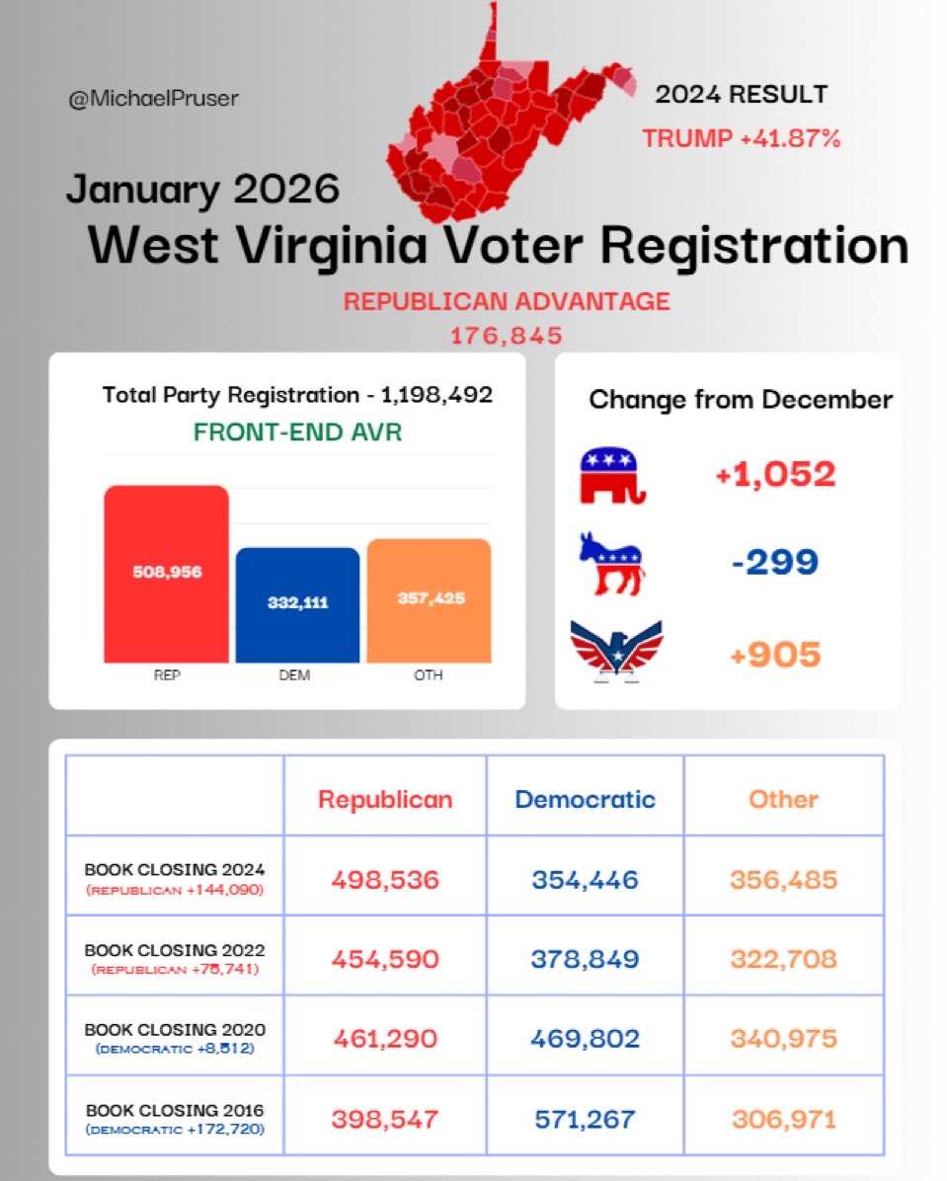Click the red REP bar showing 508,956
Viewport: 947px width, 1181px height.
coord(166,573)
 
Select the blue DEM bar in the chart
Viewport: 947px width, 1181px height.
coord(297,603)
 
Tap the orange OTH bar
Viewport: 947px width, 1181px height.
coord(429,599)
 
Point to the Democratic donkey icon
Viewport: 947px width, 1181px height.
coord(610,563)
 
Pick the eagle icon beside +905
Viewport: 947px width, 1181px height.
coord(616,651)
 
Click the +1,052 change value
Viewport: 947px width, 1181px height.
coord(776,475)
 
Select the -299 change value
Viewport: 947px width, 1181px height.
coord(775,562)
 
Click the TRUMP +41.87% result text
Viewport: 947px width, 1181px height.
coord(742,139)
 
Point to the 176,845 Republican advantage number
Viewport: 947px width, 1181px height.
coord(507,336)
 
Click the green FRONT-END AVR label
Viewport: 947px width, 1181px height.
coord(297,433)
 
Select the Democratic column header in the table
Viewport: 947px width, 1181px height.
coord(585,799)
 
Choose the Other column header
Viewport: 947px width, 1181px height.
coord(783,799)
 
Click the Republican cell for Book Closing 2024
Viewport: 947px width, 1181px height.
coord(385,879)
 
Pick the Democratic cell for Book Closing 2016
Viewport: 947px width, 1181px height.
coord(585,1119)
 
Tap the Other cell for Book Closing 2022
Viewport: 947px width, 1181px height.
coord(783,959)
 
